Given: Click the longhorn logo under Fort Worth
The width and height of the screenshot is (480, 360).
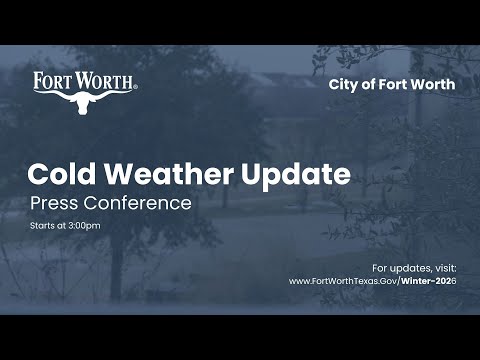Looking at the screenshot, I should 85,102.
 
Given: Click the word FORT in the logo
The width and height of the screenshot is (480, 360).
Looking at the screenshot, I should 52,81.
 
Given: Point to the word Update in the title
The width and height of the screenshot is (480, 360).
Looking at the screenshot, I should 296,175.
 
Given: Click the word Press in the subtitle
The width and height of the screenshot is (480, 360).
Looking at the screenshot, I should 55,204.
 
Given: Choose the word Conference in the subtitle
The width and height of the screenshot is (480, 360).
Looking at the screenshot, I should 138,204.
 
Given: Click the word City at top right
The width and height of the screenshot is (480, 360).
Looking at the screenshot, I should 342,84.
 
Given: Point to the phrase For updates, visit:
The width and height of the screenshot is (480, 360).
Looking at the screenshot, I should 413,268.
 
